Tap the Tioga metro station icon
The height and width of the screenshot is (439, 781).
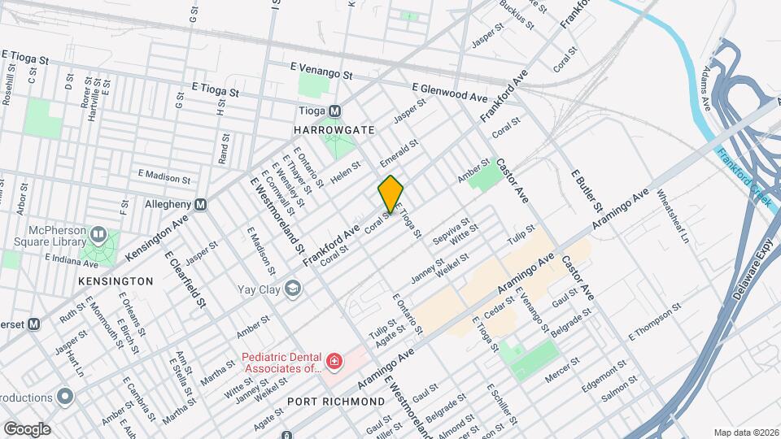pyautogui.click(x=334, y=111)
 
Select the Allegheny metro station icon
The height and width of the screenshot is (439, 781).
pyautogui.click(x=200, y=205)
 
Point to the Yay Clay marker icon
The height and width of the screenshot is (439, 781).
pyautogui.click(x=291, y=288)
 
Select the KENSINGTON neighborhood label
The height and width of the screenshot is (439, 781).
pyautogui.click(x=116, y=280)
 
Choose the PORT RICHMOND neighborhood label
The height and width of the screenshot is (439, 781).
pyautogui.click(x=336, y=402)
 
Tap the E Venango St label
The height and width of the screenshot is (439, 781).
pyautogui.click(x=321, y=72)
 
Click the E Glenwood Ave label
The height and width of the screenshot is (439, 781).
pyautogui.click(x=445, y=90)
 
